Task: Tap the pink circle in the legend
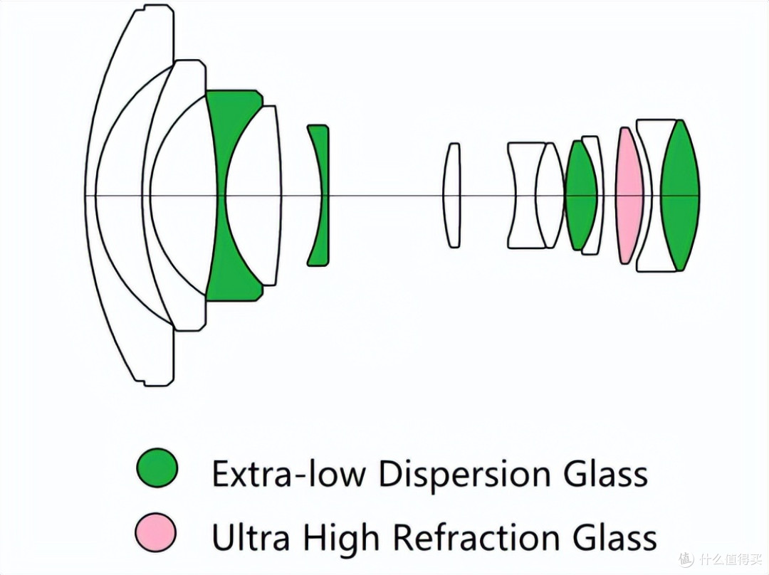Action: [x=156, y=533]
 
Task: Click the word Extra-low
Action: [x=289, y=473]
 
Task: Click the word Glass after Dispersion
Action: [x=605, y=473]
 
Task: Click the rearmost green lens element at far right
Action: [x=680, y=196]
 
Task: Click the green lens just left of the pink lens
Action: [x=581, y=196]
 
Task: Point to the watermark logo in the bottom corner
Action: [x=720, y=558]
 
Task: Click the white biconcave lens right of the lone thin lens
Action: [x=524, y=196]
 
